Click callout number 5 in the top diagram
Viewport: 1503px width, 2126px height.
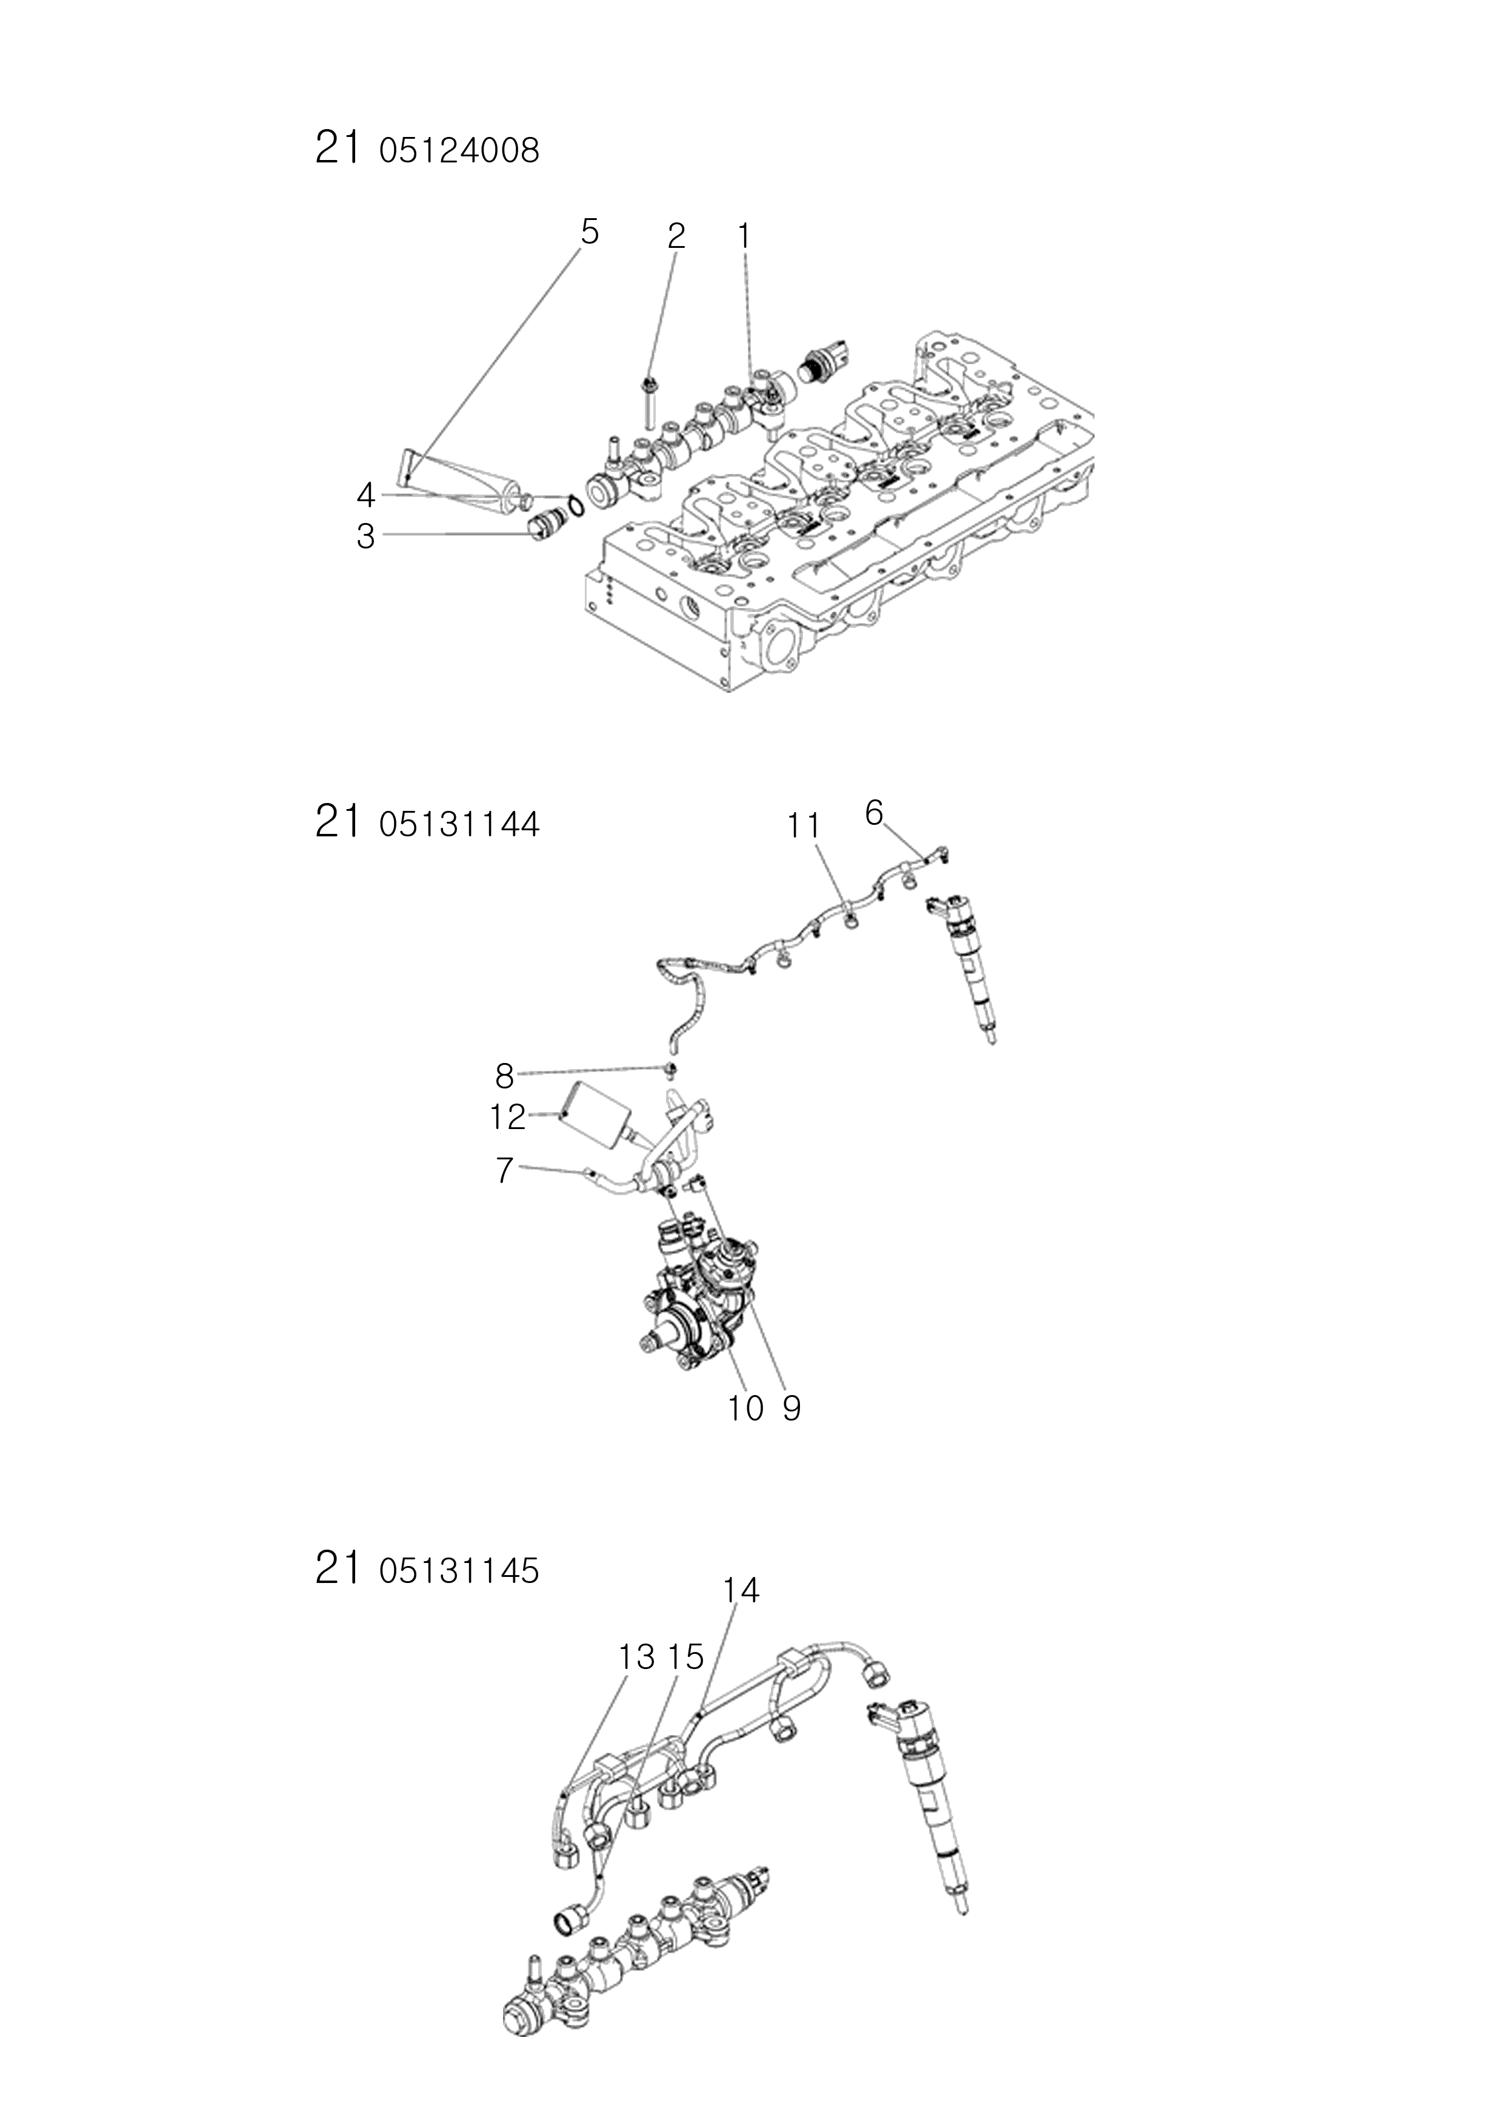[589, 232]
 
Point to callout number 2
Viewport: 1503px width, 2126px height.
[676, 237]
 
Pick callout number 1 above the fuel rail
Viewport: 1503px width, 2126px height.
[742, 237]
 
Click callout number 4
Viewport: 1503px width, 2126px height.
[366, 496]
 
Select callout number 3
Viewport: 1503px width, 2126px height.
[366, 536]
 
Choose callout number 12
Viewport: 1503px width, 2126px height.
[507, 1118]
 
